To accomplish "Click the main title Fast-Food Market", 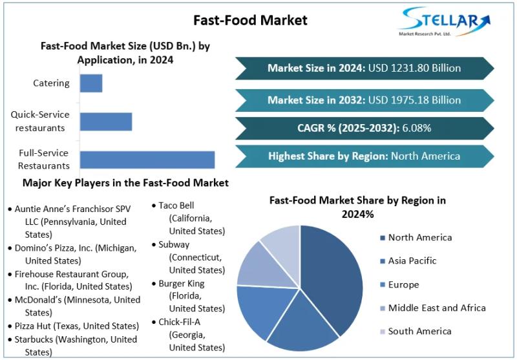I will pyautogui.click(x=250, y=20).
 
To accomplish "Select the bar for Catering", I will pyautogui.click(x=91, y=83).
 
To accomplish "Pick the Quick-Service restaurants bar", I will pyautogui.click(x=106, y=122).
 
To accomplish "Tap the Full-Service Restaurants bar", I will pyautogui.click(x=147, y=160).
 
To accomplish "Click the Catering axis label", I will pyautogui.click(x=51, y=83).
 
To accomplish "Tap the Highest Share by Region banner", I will pyautogui.click(x=364, y=156).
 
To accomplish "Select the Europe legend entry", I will pyautogui.click(x=403, y=284).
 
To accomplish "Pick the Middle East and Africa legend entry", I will pyautogui.click(x=436, y=308).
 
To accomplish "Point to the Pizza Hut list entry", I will pyautogui.click(x=76, y=325).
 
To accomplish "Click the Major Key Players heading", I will pyautogui.click(x=125, y=183).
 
